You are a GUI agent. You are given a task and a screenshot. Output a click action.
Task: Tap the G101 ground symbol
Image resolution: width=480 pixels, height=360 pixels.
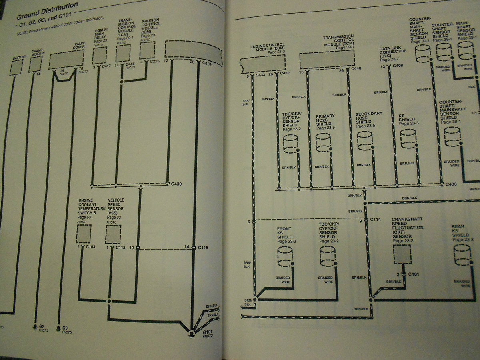(x=192, y=333)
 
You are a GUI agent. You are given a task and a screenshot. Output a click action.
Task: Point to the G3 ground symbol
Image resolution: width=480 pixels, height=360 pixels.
(x=59, y=327)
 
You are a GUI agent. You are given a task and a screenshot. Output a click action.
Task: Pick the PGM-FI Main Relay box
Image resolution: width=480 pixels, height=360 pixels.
(x=100, y=55)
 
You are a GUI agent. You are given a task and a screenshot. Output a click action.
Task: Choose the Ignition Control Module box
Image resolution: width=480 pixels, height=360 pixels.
(x=147, y=51)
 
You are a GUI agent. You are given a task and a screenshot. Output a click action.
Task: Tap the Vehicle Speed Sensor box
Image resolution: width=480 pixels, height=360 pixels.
(x=113, y=234)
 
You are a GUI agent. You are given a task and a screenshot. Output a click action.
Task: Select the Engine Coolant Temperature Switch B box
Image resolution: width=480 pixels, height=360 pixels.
(x=84, y=234)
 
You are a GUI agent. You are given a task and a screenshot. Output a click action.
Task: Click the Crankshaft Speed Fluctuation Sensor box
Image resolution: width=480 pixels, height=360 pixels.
(x=402, y=254)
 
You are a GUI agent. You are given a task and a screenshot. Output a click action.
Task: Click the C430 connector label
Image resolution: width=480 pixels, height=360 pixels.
(x=176, y=184)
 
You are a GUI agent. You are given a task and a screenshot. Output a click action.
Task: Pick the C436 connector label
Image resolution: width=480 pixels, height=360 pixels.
(x=451, y=184)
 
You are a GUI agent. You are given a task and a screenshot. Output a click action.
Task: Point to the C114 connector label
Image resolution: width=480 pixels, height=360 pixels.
(x=375, y=220)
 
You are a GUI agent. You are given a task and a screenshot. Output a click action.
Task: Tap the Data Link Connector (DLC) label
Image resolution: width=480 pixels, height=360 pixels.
(x=393, y=54)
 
